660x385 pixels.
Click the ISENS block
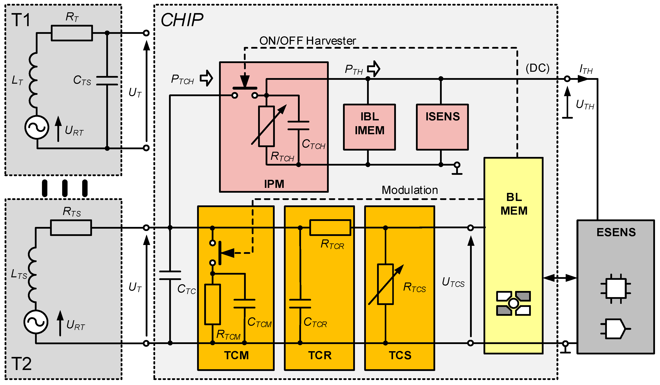(442, 127)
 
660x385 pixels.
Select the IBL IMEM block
(369, 127)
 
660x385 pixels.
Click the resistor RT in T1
(72, 33)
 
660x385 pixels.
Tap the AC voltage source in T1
(37, 127)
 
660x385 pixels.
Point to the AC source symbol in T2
(36, 322)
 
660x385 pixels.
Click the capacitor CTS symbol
(107, 81)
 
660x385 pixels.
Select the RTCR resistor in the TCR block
(330, 227)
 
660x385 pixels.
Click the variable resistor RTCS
(385, 284)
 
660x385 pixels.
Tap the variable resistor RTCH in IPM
(266, 126)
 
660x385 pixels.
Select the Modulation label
(410, 190)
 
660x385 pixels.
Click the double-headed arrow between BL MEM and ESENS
(560, 278)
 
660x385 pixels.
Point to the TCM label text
(236, 355)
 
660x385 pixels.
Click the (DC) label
(537, 68)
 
